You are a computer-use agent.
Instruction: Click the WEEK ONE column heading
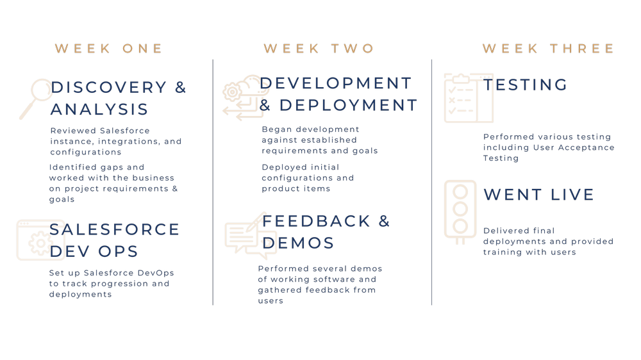pos(109,49)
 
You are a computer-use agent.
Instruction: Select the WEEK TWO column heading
pos(319,49)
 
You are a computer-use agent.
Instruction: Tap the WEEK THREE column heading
pos(548,49)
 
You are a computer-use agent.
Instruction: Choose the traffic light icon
pos(460,212)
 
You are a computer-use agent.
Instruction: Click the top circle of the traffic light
pos(460,192)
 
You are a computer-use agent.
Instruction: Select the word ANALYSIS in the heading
pos(99,110)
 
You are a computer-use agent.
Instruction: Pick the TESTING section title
pos(526,85)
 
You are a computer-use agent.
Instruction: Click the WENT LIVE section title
pos(539,195)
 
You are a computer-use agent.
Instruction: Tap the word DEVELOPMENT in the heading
pos(336,83)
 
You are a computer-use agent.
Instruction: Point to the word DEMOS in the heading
pos(298,243)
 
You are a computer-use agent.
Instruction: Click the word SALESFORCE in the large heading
pos(115,229)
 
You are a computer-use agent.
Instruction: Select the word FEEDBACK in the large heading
pos(316,221)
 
